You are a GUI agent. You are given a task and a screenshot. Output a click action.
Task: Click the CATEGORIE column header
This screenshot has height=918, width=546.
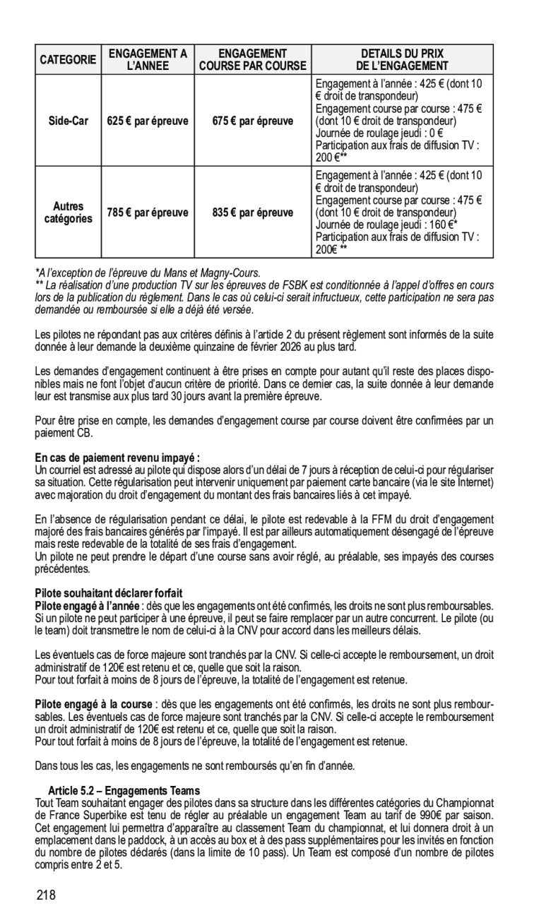point(70,59)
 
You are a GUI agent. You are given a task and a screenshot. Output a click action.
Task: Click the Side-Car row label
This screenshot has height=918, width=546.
point(69,121)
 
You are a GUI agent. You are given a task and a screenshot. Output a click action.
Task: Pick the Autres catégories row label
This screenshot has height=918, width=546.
point(69,213)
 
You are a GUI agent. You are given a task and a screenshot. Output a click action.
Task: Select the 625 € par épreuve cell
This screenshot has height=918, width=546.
point(148,121)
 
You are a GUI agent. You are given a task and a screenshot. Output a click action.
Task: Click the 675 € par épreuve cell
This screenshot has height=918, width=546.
point(252,121)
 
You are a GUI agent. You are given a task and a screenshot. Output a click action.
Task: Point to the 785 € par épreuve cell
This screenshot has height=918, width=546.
point(148,213)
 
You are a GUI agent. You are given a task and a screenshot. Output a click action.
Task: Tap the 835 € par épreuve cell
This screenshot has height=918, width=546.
point(252,213)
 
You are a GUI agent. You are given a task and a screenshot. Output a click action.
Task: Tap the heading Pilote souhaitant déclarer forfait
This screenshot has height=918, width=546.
point(104,592)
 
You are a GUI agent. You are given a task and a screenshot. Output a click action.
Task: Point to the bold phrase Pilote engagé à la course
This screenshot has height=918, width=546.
point(94,704)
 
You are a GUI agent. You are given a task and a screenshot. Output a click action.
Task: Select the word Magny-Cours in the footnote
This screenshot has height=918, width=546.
point(231,272)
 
